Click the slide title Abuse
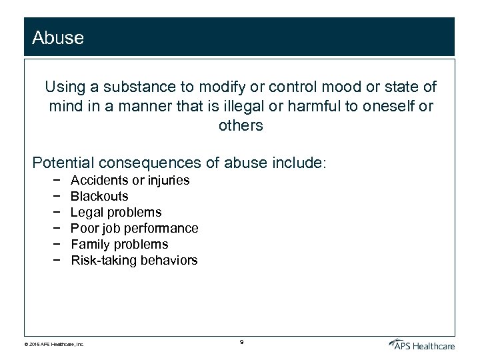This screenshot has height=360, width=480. point(58,38)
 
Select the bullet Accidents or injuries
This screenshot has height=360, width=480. point(130,180)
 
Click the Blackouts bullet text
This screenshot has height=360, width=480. point(99,196)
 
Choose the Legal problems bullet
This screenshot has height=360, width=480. point(116,212)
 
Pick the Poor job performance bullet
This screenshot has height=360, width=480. point(134,228)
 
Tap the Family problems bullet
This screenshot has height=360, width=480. point(119,244)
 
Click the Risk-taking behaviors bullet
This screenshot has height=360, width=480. point(134,260)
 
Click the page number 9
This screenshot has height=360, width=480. point(241,342)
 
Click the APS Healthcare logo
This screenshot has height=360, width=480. point(422,343)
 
